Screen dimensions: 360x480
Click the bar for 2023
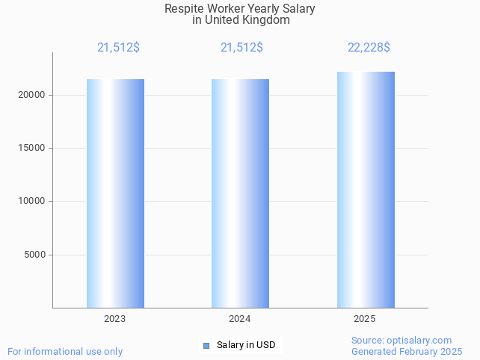pos(115,193)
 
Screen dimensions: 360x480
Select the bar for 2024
pos(240,193)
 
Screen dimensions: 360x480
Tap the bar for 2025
pos(366,190)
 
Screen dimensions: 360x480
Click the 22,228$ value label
pos(369,48)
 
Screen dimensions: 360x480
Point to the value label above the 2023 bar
pos(118,48)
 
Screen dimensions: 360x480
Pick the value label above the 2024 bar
pos(241,48)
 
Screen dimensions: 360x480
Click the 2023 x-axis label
pos(115,319)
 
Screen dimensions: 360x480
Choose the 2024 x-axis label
pos(240,319)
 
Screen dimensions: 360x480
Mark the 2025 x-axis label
pos(365,319)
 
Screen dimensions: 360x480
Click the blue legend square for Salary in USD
pos(206,345)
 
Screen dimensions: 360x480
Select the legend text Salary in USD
pos(246,345)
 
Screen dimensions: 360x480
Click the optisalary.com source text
pos(401,340)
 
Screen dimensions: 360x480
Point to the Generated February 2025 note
pos(407,351)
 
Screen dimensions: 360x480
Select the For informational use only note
pos(65,351)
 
